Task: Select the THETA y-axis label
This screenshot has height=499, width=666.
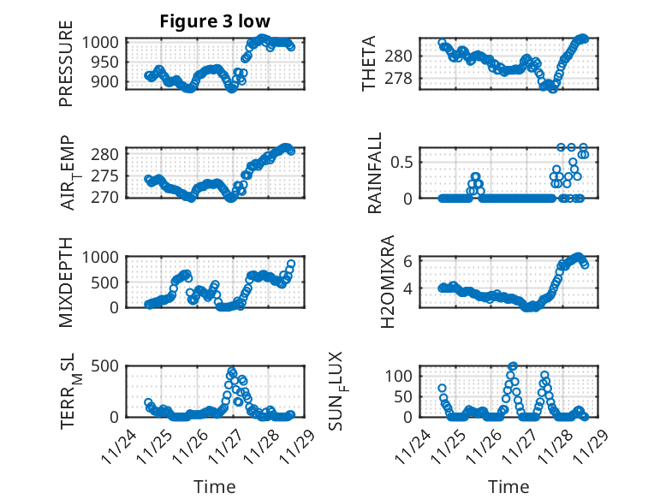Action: click(369, 64)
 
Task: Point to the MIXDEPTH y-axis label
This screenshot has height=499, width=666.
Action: click(67, 280)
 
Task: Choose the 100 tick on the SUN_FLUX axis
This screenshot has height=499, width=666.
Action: click(402, 376)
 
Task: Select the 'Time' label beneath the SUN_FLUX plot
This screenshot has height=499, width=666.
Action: click(508, 486)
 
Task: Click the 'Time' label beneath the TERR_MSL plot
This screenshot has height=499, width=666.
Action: click(214, 486)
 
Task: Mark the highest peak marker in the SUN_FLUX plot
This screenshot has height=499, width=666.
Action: click(513, 365)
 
